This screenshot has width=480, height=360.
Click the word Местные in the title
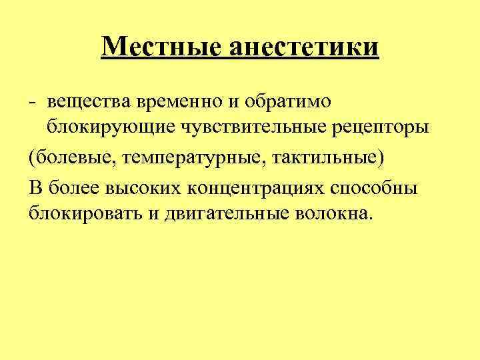163,47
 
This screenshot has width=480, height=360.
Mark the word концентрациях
254,187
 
